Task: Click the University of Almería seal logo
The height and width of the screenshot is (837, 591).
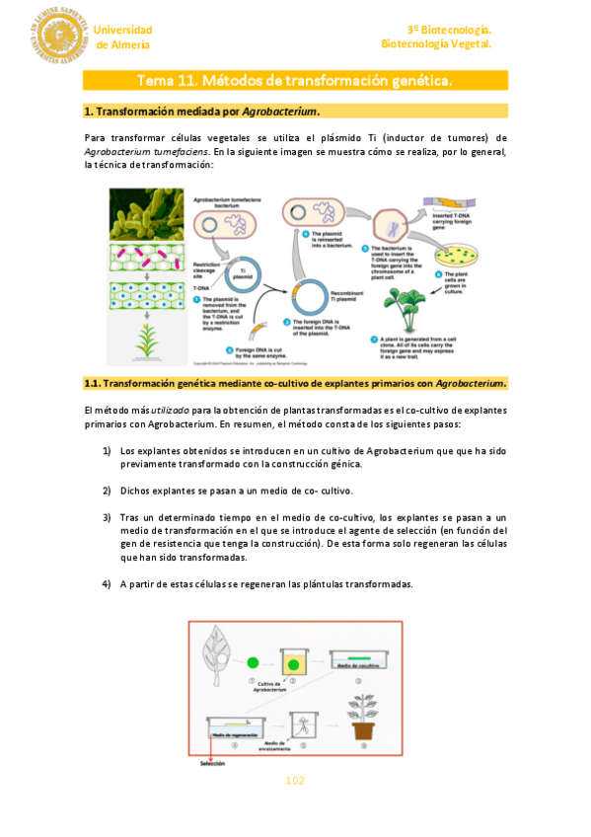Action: tap(59, 34)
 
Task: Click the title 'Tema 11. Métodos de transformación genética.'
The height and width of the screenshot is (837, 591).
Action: tap(294, 80)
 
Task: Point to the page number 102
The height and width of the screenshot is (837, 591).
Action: tap(295, 781)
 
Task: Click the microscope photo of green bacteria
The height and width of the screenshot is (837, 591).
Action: tap(146, 214)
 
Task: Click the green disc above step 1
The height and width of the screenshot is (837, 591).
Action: tap(254, 662)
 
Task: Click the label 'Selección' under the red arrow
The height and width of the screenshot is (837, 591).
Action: tap(212, 762)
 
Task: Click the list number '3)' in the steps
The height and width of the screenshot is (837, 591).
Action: tap(107, 517)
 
